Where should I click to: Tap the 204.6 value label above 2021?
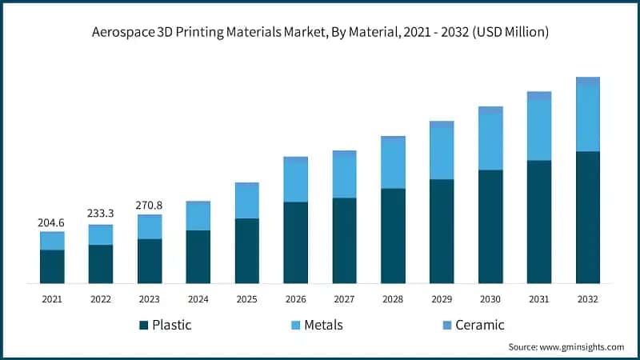(52, 222)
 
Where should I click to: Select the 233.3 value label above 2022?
(101, 214)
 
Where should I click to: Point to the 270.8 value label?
(150, 205)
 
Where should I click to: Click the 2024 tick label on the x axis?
(198, 298)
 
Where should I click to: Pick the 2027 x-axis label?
(344, 298)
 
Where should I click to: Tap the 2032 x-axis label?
(588, 298)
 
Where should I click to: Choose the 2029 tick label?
(442, 298)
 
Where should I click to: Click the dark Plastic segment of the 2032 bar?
(588, 217)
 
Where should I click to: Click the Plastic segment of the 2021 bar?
(52, 266)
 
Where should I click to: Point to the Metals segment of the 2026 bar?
(295, 182)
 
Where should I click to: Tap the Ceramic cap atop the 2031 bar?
(539, 95)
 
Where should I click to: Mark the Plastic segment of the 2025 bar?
(246, 250)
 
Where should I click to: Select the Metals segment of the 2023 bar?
(150, 228)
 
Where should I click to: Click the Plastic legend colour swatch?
(144, 325)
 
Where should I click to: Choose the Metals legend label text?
(323, 325)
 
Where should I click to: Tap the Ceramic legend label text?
(479, 325)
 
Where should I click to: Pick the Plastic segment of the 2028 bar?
(393, 235)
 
